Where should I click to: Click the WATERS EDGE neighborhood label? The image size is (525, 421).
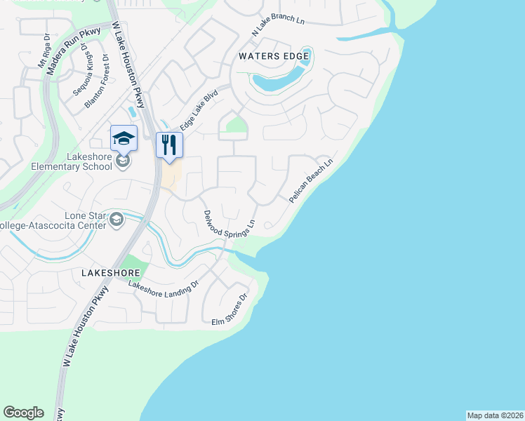coord(274,55)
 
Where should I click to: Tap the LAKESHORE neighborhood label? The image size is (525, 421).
coord(111,272)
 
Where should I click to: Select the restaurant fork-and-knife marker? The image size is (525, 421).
coord(169,145)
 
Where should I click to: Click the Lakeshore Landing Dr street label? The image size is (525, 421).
coord(164,286)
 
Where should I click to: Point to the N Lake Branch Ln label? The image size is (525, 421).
coord(279,25)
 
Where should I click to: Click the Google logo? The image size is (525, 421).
coord(23,413)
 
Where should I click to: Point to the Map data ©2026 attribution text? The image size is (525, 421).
coord(495,415)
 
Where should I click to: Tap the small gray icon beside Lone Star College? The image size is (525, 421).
coord(116,221)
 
